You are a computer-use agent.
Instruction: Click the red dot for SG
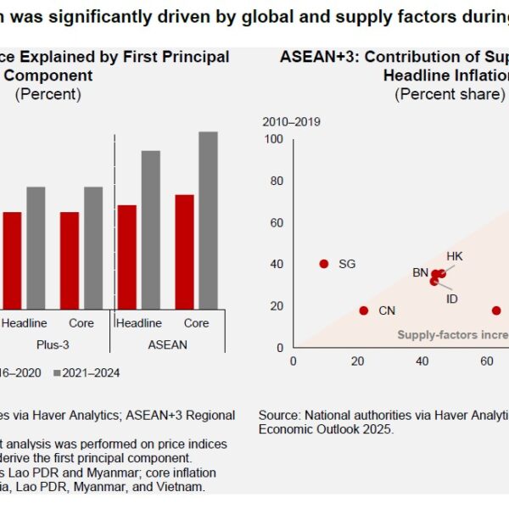point(323,264)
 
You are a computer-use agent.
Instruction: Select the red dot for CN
point(364,310)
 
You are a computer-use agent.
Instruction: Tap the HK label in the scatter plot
point(455,256)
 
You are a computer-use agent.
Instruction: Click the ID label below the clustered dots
point(452,299)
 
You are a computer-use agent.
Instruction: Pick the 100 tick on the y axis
point(273,138)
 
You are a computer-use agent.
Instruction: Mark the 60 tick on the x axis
point(487,361)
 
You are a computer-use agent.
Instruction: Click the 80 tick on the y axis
point(277,181)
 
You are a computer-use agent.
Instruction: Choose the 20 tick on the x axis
point(358,361)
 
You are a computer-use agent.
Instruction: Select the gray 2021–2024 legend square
point(58,372)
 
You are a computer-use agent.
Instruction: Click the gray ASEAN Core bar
point(208,221)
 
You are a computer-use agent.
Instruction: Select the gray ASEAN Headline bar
point(150,230)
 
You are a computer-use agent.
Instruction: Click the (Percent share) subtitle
point(450,94)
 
